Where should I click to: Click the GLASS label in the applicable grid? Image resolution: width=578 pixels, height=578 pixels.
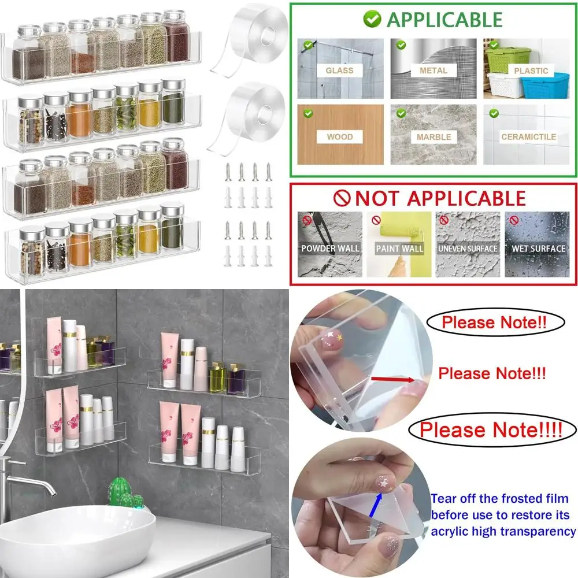(339, 71)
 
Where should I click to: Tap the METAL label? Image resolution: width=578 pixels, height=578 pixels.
(433, 71)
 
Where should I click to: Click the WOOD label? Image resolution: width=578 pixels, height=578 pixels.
(339, 137)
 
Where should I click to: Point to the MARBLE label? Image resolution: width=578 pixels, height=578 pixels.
(433, 137)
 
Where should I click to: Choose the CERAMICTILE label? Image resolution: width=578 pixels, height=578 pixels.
(528, 137)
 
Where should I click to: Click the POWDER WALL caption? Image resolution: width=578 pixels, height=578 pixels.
(330, 249)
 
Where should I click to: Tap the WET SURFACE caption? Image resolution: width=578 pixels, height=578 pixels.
(538, 249)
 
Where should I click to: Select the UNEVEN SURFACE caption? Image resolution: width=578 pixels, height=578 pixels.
(468, 249)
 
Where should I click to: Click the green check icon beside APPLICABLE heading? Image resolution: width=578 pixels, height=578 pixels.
(372, 19)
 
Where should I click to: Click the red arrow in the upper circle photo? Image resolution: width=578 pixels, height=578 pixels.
(393, 379)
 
